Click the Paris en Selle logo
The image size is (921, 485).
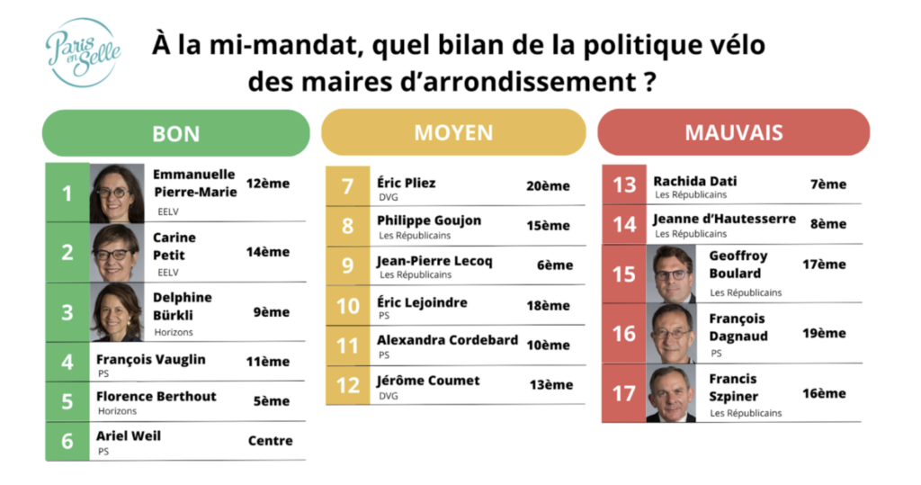[84, 52]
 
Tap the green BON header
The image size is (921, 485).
[176, 133]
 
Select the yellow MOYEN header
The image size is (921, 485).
[453, 132]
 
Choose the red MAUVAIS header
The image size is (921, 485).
[733, 132]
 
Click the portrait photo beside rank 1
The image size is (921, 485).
[117, 193]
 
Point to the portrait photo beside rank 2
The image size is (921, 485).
[117, 253]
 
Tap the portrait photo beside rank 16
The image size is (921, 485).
[671, 333]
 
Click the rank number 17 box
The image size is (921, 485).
[623, 393]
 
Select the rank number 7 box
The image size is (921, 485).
[347, 187]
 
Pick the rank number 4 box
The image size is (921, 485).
[67, 363]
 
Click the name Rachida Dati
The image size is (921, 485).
[695, 182]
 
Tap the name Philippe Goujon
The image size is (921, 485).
[429, 220]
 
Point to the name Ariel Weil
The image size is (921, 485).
[129, 436]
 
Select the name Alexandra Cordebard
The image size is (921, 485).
[447, 340]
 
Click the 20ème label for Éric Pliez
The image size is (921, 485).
[548, 186]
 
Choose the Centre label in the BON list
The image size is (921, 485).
[270, 441]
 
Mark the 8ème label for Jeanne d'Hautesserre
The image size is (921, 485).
[827, 224]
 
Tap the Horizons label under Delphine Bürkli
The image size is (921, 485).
[174, 332]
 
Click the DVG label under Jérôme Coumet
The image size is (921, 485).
[389, 396]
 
